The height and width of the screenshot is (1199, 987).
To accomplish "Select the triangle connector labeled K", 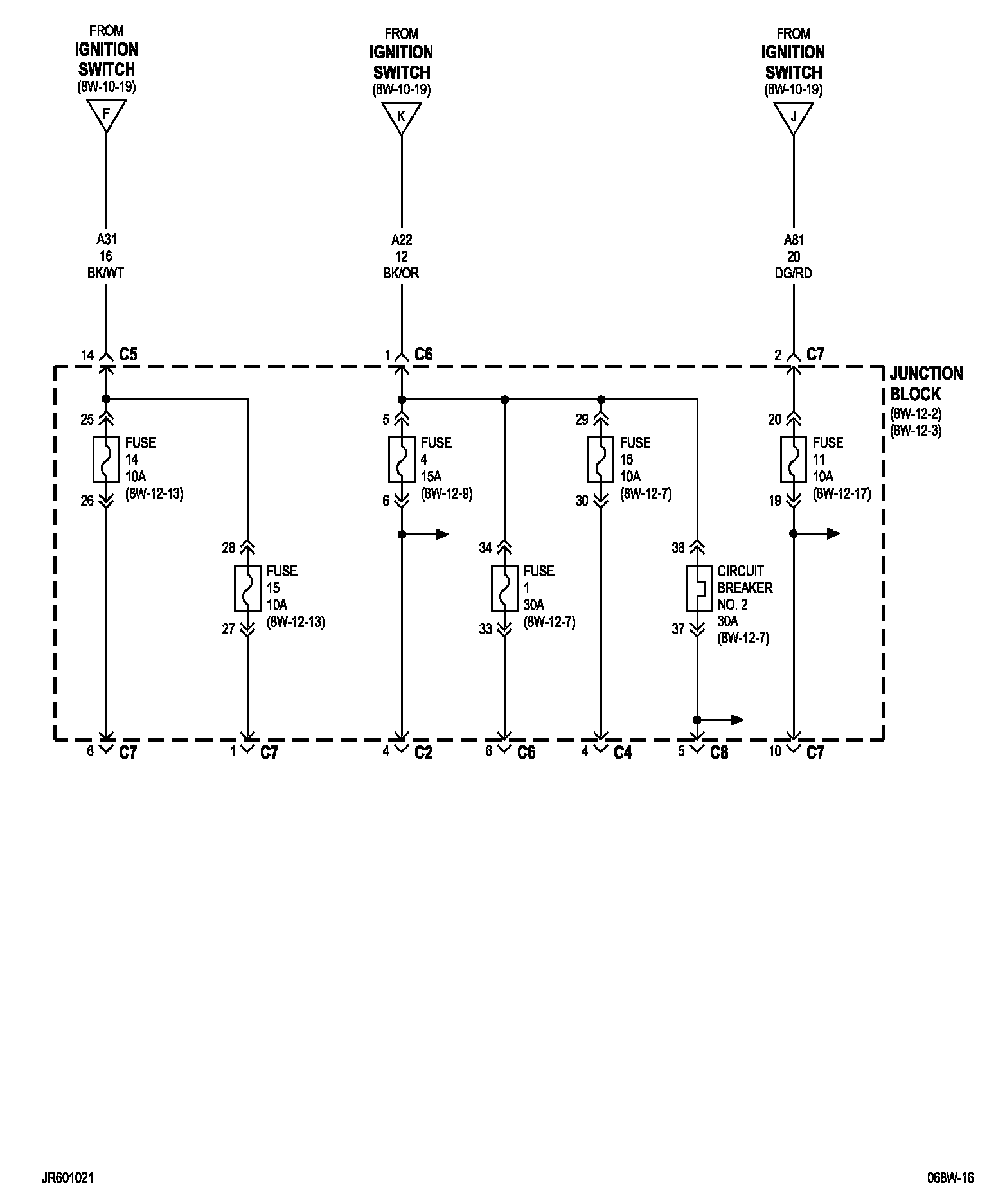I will click(402, 118).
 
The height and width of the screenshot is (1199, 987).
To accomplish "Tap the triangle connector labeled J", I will click(794, 118).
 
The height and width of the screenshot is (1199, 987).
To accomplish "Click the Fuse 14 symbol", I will click(106, 459).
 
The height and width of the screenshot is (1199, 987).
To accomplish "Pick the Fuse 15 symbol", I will click(247, 588).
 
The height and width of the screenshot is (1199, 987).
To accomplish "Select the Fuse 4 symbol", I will click(402, 459).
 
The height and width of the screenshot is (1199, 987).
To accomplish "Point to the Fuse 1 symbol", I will click(504, 588).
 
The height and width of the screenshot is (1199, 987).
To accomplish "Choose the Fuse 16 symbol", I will click(601, 459).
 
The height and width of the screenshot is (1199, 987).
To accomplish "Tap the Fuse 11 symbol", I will click(794, 459).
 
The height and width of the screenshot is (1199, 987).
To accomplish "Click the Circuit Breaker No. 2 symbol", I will click(697, 588).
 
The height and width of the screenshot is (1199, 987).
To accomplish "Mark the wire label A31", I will click(106, 240).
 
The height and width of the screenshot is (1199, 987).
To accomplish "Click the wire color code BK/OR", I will click(402, 273).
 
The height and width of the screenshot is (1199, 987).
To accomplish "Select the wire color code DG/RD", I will click(794, 273).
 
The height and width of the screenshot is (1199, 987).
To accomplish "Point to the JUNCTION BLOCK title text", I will click(926, 384).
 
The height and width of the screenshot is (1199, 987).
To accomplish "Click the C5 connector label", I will click(129, 354).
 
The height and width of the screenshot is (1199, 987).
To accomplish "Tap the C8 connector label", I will click(719, 752).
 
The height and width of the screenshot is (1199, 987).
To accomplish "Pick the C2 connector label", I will click(423, 752).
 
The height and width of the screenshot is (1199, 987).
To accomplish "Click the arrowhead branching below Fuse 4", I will click(443, 534).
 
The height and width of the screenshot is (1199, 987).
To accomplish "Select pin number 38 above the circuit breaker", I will click(678, 548).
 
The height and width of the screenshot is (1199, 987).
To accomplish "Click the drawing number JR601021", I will click(70, 1178).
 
